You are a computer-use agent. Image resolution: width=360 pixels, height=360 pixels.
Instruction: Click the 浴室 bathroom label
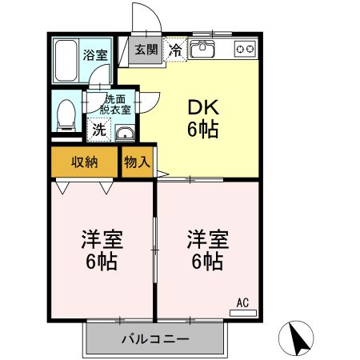coord(95,55)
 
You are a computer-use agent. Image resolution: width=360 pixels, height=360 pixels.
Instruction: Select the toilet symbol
coord(66,113)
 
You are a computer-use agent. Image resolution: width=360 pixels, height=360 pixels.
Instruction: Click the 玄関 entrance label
coord(146,50)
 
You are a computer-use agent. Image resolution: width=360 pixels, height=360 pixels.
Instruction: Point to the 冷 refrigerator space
coord(175,49)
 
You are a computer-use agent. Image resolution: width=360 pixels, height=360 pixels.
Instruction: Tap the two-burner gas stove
coord(245,50)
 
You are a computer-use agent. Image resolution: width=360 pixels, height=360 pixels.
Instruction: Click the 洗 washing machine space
coord(98,129)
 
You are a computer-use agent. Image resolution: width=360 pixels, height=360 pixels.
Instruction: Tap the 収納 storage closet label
coord(85,162)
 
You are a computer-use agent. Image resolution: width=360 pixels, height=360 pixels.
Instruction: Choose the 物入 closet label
coord(137,162)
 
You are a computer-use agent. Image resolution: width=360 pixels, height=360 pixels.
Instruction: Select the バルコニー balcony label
coord(155,339)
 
